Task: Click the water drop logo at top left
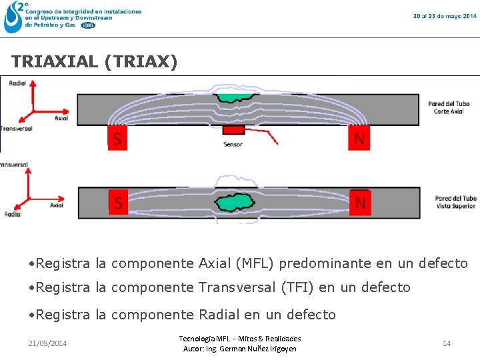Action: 13,17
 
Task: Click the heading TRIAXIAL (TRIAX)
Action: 95,62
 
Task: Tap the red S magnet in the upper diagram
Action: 117,138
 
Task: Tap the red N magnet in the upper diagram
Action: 359,138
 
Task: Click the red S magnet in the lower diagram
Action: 118,202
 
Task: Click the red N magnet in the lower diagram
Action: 360,202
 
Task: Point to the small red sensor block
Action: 233,129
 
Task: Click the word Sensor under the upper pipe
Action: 233,144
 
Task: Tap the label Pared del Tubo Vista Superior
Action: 456,202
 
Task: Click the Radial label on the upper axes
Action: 18,83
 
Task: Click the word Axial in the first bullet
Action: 215,263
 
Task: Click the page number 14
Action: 447,343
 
